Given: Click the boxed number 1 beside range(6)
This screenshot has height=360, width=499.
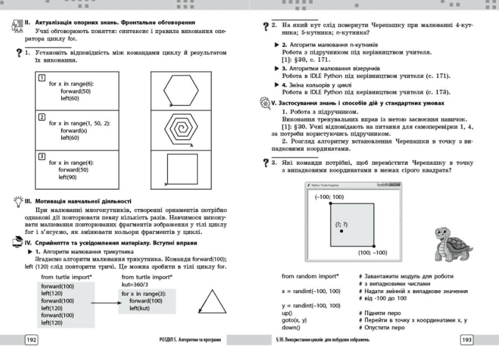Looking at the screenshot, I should coord(41,77).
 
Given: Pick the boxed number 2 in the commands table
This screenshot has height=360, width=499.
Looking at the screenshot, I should coord(41,117).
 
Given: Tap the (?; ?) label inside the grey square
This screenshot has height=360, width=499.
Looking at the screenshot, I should coord(341,224).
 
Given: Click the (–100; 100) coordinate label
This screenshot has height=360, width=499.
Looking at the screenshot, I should coord(329,197).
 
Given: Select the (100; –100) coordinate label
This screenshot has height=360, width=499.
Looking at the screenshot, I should coord(372,253).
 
